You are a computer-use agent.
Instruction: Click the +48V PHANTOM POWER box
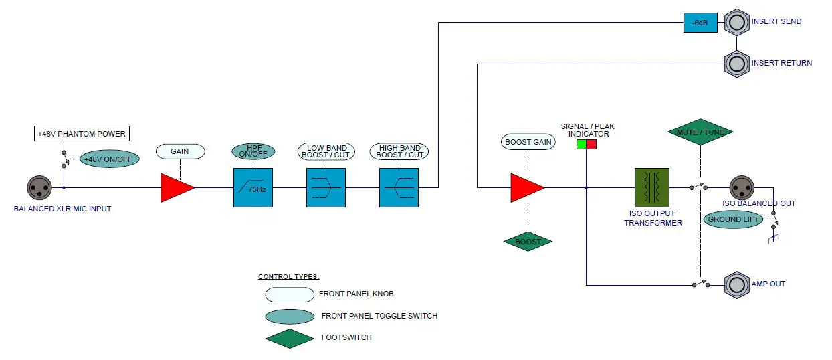[82, 133]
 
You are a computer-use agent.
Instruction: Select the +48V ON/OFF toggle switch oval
[110, 159]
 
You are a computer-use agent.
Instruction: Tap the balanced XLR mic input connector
[39, 187]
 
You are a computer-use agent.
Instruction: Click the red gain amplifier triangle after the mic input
[177, 187]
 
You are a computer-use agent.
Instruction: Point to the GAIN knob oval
[180, 151]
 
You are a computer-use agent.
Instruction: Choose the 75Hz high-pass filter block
[253, 187]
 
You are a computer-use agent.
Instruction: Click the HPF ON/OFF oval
[253, 151]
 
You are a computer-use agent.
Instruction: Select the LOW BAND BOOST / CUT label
[326, 151]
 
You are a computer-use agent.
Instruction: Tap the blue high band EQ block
[399, 187]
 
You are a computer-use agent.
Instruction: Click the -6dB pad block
[700, 23]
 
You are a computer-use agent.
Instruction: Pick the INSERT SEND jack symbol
[737, 22]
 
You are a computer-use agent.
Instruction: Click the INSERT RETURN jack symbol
[737, 64]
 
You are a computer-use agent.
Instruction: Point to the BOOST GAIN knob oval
[528, 142]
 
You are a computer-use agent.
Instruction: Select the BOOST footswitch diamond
[528, 242]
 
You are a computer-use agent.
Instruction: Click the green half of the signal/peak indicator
[581, 144]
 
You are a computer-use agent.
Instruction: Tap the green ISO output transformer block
[652, 187]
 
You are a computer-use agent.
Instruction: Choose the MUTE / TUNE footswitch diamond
[700, 132]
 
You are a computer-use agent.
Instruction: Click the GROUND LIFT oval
[733, 219]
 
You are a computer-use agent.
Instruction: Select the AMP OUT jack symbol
[737, 285]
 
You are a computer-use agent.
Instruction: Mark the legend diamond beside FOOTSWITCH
[290, 339]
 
